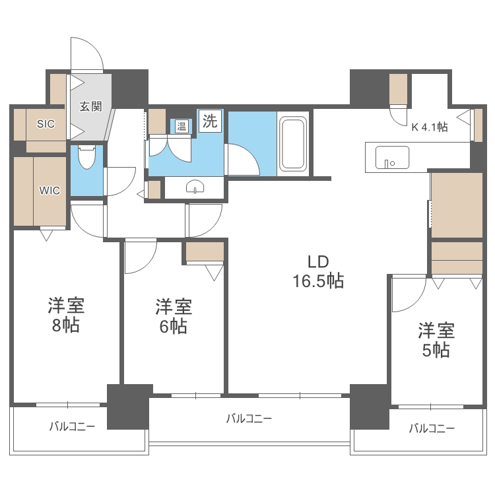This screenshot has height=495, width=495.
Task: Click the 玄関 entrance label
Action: [91, 106]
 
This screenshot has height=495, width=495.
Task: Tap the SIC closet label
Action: [46, 123]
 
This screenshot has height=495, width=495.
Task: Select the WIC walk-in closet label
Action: [49, 191]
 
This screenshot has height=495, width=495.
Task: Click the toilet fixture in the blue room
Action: [86, 157]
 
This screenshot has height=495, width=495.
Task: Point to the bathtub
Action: [294, 143]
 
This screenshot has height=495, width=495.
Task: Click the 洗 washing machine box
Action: [210, 121]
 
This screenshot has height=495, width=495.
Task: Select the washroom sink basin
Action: [195, 187]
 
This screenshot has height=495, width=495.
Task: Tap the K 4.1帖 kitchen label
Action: [430, 127]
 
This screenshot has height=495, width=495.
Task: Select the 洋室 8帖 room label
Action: [65, 315]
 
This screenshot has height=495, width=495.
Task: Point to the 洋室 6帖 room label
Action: [174, 316]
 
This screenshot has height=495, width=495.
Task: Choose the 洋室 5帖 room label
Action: [436, 339]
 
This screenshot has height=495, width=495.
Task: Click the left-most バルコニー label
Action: [72, 426]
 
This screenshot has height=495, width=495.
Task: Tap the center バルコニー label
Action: [249, 418]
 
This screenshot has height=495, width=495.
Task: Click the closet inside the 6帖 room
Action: [205, 252]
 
